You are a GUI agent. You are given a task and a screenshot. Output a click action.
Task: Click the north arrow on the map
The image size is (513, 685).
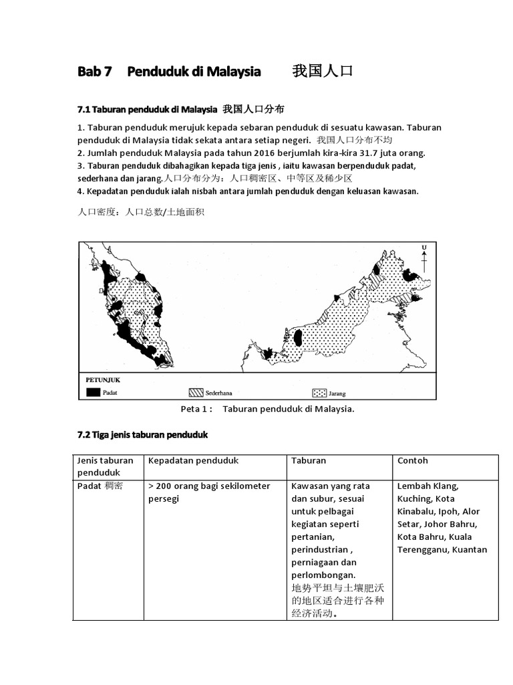pyautogui.click(x=423, y=258)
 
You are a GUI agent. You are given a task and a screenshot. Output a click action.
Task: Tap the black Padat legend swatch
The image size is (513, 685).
pyautogui.click(x=92, y=393)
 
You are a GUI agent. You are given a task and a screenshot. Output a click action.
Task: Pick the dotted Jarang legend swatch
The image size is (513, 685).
pyautogui.click(x=319, y=393)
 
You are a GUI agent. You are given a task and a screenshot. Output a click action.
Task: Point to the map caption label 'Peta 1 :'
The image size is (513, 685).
pyautogui.click(x=196, y=409)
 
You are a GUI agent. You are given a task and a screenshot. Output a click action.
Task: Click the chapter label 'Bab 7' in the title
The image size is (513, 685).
pyautogui.click(x=94, y=72)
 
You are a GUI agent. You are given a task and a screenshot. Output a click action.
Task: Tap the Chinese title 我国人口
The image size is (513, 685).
pyautogui.click(x=322, y=72)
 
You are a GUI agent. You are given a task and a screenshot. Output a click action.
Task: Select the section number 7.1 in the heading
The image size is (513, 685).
pyautogui.click(x=84, y=109)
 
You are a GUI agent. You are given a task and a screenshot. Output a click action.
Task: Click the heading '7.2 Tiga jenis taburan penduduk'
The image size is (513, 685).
pyautogui.click(x=142, y=435)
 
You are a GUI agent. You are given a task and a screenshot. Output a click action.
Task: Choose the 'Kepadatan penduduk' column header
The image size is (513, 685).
pyautogui.click(x=193, y=461)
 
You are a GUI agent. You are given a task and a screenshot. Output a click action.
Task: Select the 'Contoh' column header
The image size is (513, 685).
pyautogui.click(x=412, y=461)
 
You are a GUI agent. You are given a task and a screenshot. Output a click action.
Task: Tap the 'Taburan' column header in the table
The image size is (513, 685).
pyautogui.click(x=309, y=461)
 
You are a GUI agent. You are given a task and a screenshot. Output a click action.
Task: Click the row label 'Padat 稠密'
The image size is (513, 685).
pyautogui.click(x=100, y=486)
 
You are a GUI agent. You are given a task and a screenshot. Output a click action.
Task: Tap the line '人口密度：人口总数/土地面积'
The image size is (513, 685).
pyautogui.click(x=141, y=213)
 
